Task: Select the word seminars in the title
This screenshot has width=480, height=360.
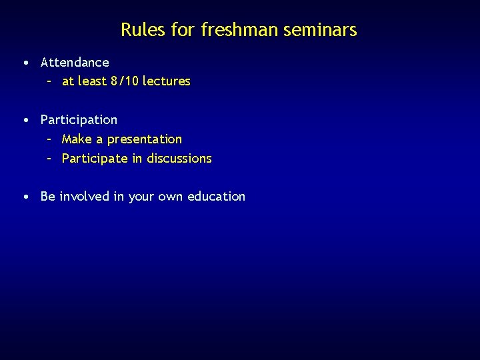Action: tap(325, 30)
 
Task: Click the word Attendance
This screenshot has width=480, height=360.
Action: tap(75, 63)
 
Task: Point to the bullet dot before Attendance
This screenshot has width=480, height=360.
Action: tap(25, 63)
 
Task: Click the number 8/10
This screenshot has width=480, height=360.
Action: tap(125, 81)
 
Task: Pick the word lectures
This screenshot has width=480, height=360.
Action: tap(167, 81)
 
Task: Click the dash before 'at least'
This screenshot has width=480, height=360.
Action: tap(49, 81)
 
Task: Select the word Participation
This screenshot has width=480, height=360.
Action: tap(79, 120)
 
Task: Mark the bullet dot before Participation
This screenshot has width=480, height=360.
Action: tap(25, 120)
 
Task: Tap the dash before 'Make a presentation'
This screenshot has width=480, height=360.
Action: tap(49, 139)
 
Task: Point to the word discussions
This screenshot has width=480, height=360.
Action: tap(179, 159)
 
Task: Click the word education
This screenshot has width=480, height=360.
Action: tap(216, 197)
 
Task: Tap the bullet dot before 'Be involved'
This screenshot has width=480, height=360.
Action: tap(25, 197)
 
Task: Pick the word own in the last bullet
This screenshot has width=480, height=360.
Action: tap(169, 197)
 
